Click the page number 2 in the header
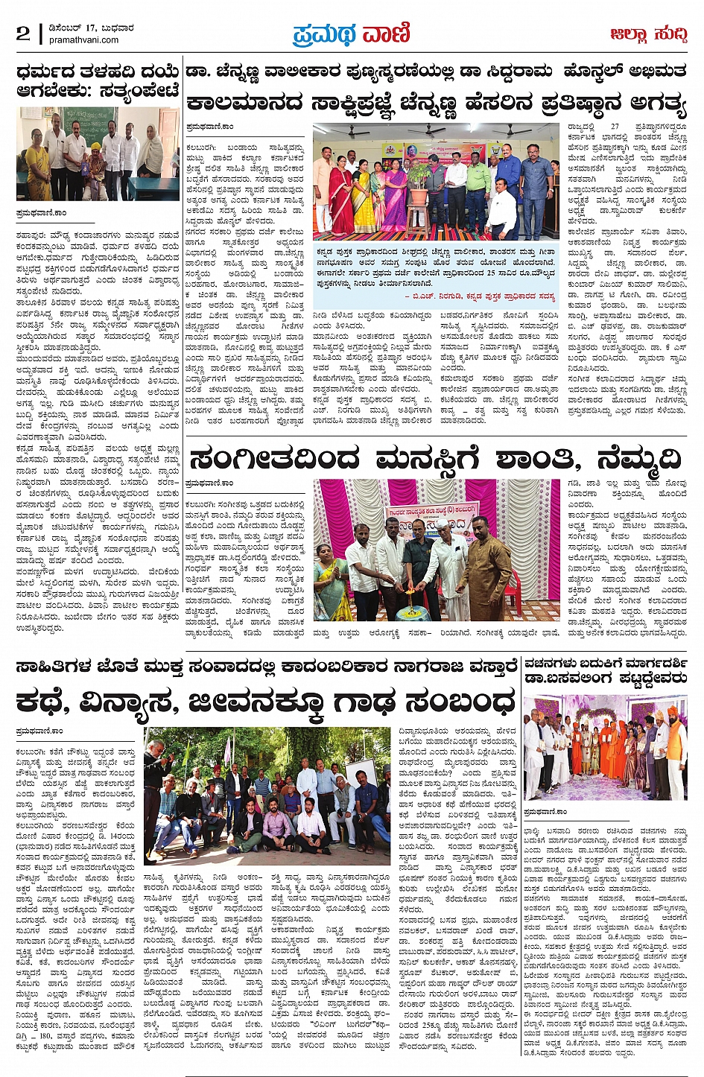23,34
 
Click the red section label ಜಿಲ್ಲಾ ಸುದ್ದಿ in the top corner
647,34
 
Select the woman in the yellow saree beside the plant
366,197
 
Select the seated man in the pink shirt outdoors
278,823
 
